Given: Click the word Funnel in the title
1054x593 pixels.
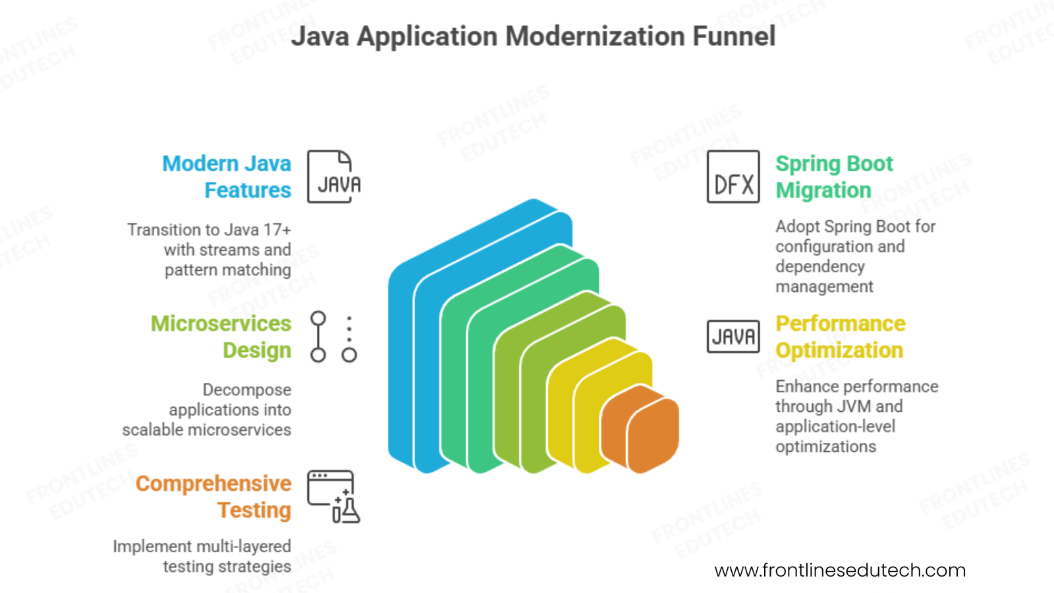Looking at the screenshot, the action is click(x=734, y=36).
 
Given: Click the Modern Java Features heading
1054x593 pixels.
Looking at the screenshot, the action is click(x=227, y=177).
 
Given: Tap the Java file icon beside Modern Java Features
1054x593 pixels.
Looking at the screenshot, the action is click(x=334, y=177).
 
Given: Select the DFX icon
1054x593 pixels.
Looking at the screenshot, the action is click(x=733, y=177).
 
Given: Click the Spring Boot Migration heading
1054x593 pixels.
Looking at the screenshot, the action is click(x=834, y=177).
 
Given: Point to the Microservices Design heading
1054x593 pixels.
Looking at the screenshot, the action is click(x=221, y=337).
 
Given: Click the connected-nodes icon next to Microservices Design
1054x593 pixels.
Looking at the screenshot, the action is click(x=333, y=337).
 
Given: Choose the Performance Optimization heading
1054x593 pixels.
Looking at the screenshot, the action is click(x=841, y=337).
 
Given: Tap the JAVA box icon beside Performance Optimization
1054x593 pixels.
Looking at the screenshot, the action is click(x=733, y=337).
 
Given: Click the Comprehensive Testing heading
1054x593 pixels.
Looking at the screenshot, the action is click(x=213, y=497).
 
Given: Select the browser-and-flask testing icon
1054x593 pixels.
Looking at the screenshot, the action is click(x=333, y=497).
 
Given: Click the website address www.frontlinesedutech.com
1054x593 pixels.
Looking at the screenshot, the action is click(x=840, y=570).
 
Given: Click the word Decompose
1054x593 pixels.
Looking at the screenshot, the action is click(x=246, y=390).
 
